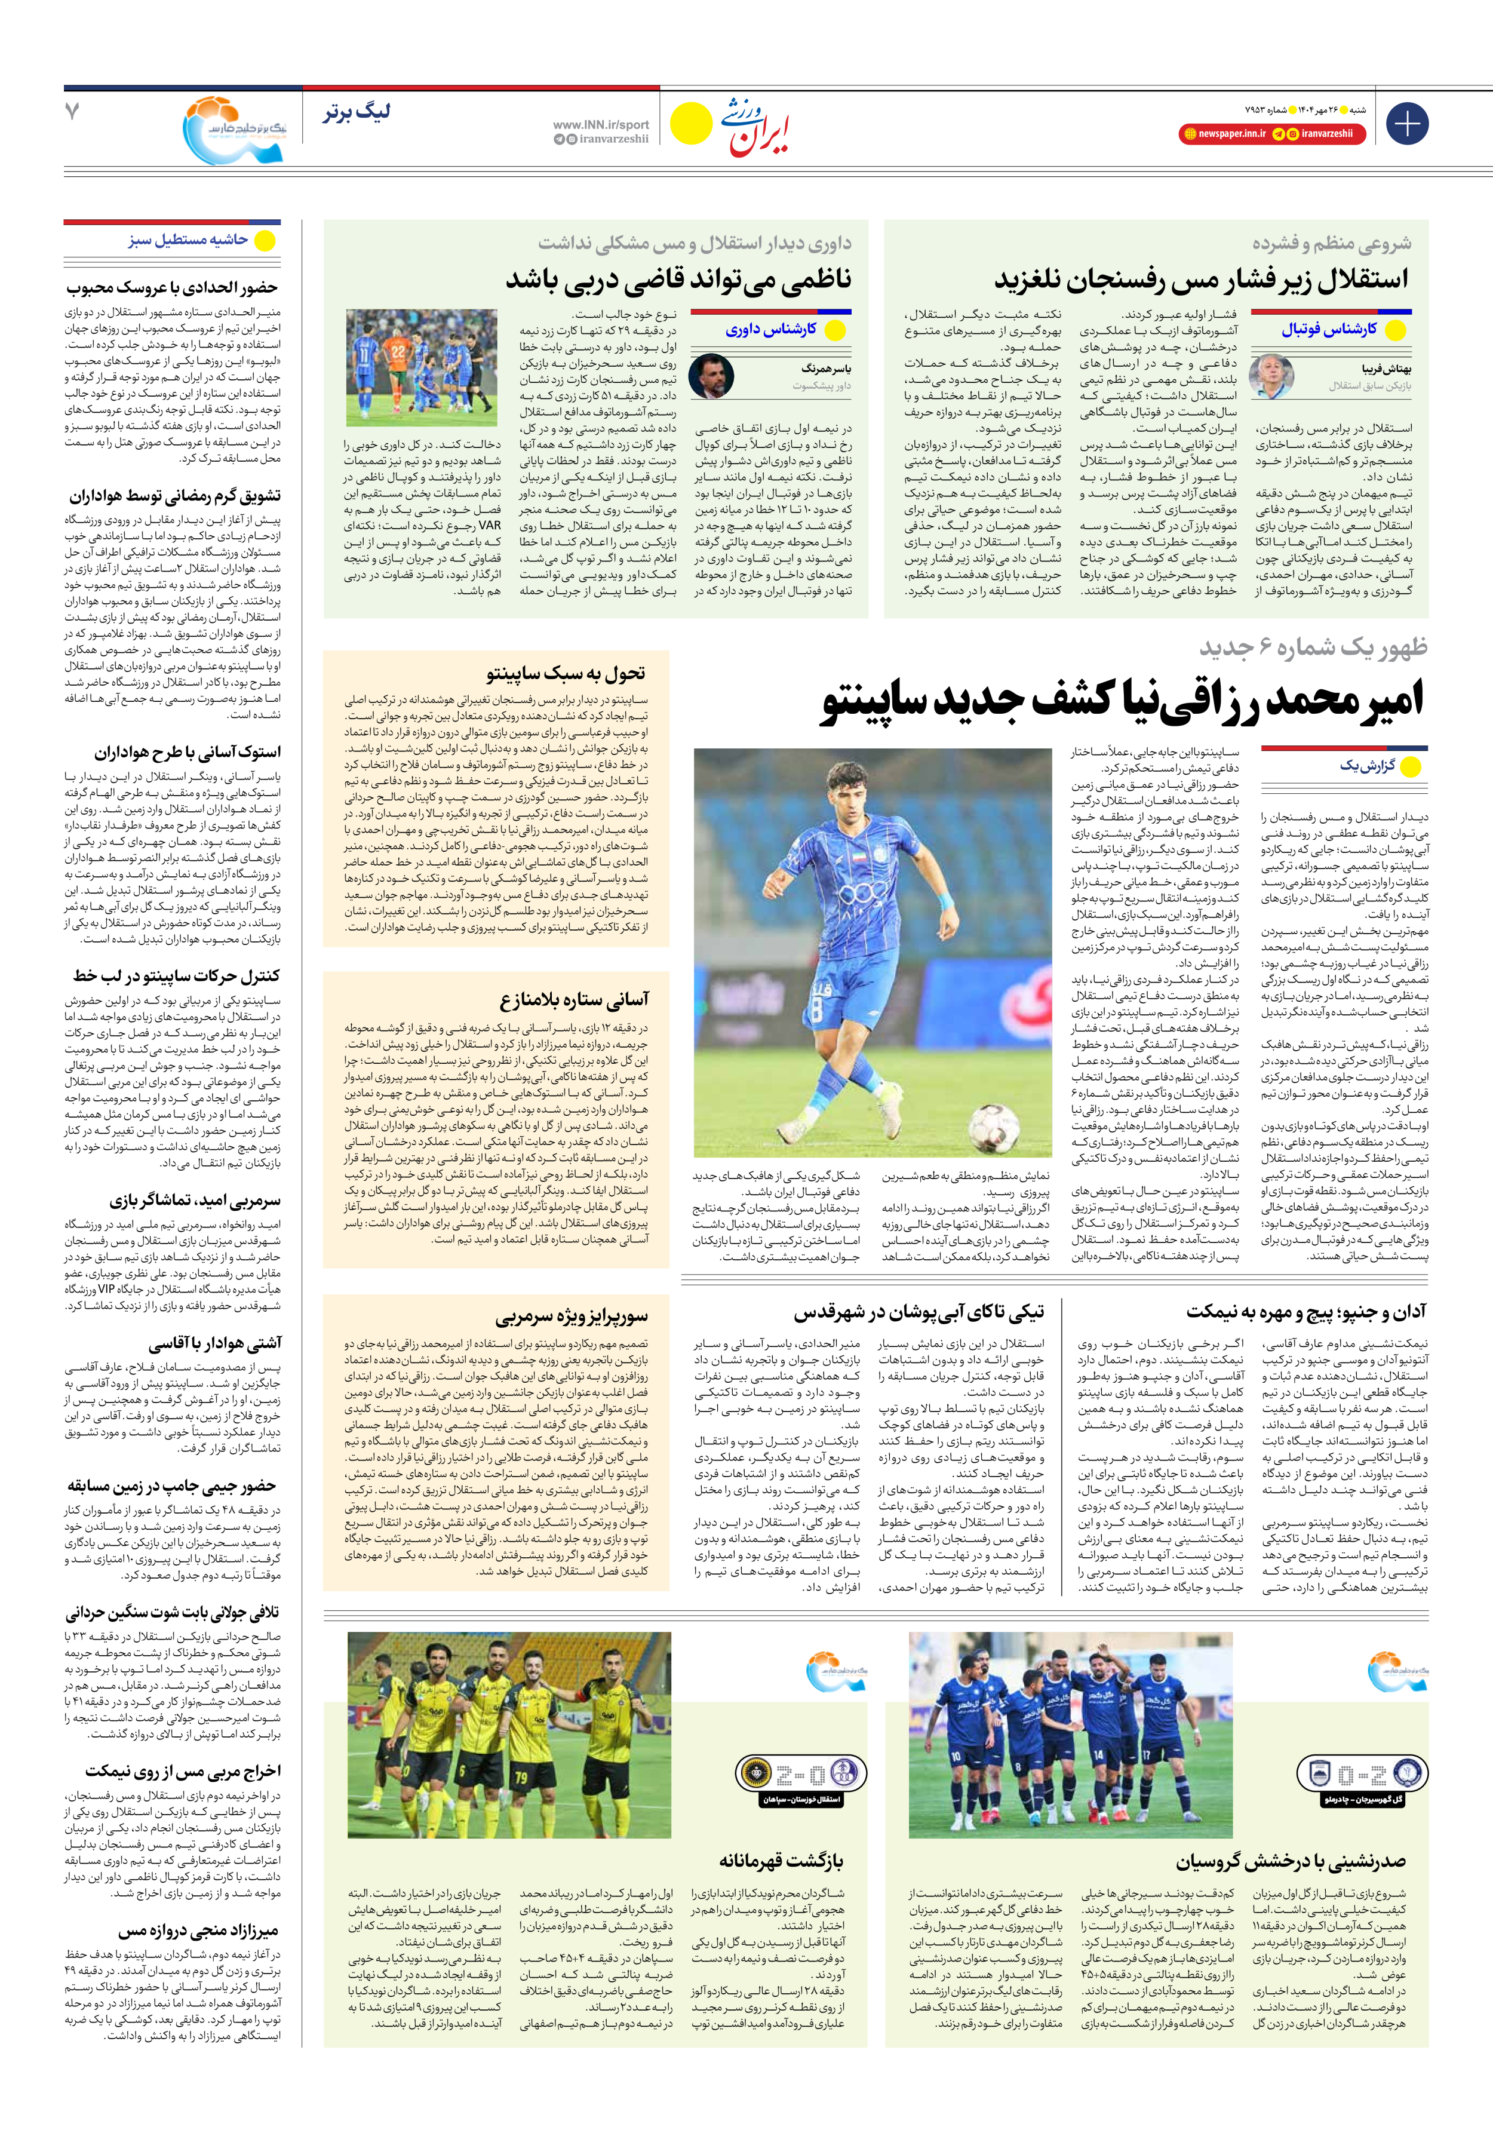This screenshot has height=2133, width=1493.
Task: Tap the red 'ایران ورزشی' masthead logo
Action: coord(754,127)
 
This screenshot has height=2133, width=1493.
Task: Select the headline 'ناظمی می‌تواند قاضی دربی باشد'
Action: coord(678,279)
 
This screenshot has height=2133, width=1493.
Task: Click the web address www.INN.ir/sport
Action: coord(601,124)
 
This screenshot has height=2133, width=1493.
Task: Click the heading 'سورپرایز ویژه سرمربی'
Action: coord(572,1316)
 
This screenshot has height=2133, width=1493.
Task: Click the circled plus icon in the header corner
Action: coord(1406,124)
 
